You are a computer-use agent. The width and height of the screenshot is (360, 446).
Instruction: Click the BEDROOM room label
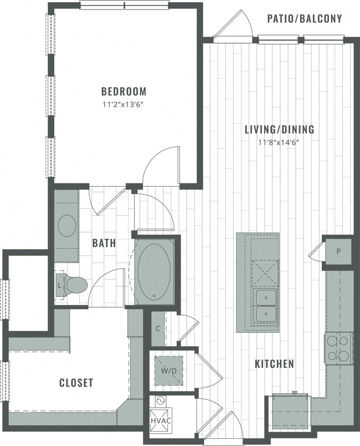pos(124,91)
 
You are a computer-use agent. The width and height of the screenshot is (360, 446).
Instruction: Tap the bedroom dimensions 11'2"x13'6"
pos(124,104)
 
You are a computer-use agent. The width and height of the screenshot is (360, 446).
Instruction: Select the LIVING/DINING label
pos(280,130)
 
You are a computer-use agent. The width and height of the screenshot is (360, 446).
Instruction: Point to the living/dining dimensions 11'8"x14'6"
pos(280,142)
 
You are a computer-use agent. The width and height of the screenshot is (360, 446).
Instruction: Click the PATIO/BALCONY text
pos(304,19)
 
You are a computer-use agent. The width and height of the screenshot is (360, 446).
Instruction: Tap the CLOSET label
pos(76,383)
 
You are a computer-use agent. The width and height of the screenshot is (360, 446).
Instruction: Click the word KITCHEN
pos(274,364)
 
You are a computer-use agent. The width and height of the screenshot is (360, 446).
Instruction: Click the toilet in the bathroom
pos(76,285)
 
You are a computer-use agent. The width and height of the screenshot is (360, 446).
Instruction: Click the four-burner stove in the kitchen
pos(338,348)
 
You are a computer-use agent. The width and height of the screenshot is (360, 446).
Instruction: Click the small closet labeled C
pos(157,329)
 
